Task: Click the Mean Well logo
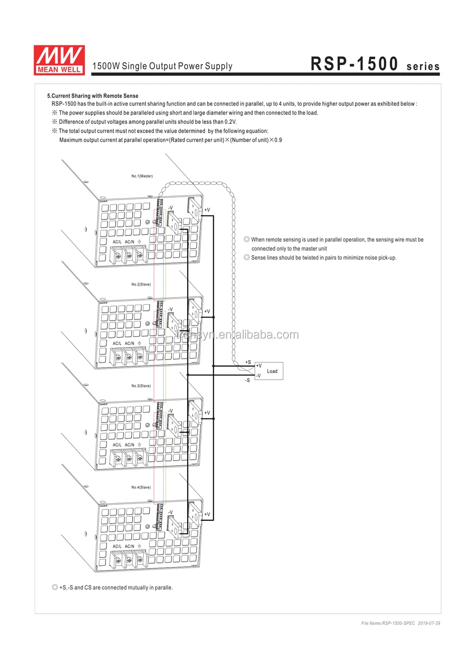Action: point(59,60)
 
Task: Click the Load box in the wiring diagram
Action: point(272,371)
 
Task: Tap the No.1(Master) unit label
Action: point(142,176)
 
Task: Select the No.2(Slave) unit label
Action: point(141,284)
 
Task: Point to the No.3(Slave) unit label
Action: point(141,386)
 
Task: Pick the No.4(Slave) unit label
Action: point(141,487)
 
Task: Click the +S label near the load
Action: point(248,362)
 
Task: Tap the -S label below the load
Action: point(247,380)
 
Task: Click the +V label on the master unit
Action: point(207,210)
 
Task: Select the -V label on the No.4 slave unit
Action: point(170,512)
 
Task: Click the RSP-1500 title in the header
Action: point(354,64)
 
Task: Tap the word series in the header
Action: point(423,67)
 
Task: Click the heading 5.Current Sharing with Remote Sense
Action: point(92,96)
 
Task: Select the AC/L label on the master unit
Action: point(117,242)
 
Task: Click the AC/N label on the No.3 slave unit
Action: point(129,445)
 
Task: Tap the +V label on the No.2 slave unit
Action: point(207,311)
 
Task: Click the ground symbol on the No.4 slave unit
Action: point(139,546)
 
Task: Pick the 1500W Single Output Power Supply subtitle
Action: point(162,66)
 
